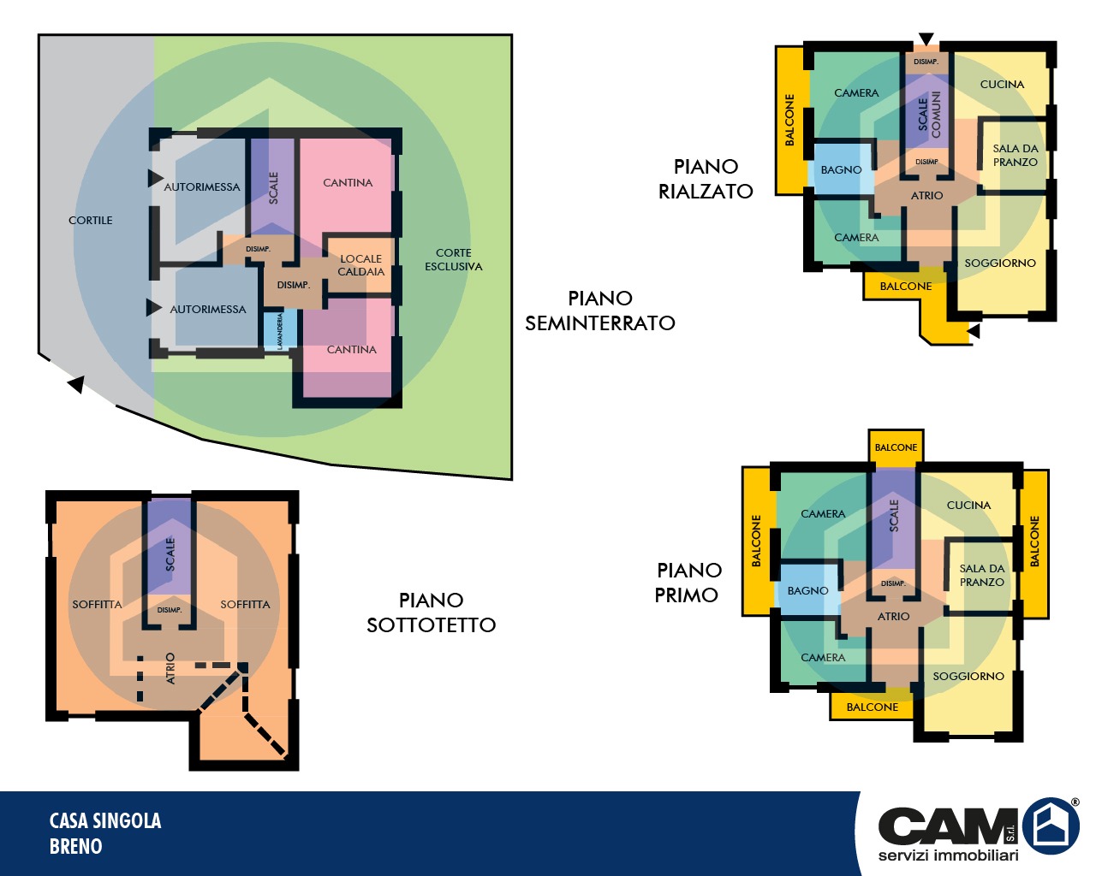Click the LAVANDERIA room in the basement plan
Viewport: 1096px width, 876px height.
point(280,330)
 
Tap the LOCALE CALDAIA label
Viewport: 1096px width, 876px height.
point(361,265)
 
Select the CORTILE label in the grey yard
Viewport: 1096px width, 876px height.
point(91,221)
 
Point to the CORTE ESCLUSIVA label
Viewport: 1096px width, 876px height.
point(454,259)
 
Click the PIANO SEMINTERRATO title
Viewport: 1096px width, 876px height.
point(600,311)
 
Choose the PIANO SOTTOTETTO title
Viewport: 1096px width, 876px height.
point(431,613)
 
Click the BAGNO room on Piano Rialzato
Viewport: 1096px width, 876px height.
point(841,170)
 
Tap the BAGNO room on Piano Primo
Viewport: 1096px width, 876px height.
point(807,590)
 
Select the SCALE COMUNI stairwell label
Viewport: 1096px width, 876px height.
point(929,115)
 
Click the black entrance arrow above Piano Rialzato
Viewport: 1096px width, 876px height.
point(926,38)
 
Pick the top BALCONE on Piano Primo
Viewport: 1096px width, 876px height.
point(896,447)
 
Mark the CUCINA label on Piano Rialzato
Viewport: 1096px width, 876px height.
point(1002,85)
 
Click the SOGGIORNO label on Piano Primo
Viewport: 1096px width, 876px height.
point(968,677)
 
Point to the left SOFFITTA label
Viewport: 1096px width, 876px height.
point(97,605)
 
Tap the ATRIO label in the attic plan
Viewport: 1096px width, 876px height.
point(170,668)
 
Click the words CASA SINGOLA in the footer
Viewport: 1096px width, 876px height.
point(105,820)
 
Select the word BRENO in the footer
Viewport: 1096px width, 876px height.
point(76,846)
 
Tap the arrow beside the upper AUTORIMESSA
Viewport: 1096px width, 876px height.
point(155,178)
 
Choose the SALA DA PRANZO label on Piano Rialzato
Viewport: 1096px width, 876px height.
point(1015,155)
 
